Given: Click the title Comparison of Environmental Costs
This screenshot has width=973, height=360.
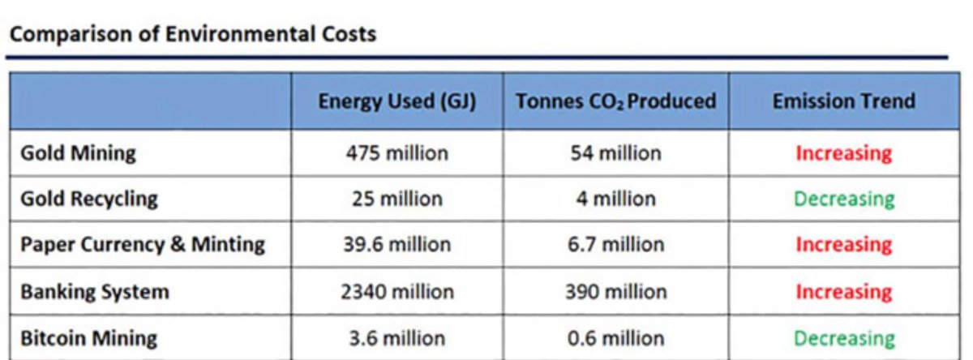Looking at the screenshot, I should click(x=191, y=36).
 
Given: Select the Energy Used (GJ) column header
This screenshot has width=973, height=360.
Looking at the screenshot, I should click(x=396, y=101).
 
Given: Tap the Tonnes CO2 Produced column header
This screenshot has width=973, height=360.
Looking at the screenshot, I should click(x=615, y=101).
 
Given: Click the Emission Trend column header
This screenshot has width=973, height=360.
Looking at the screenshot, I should click(x=843, y=101).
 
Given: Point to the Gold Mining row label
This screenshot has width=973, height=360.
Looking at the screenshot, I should click(x=79, y=153).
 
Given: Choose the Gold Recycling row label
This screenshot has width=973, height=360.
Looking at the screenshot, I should click(x=89, y=199).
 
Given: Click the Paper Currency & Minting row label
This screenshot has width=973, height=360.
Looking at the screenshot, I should click(x=143, y=245).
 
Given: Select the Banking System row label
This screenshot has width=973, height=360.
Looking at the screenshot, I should click(x=95, y=291).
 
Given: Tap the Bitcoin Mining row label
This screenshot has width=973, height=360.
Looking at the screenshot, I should click(x=89, y=337).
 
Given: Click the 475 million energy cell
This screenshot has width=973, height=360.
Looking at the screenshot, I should click(x=396, y=153).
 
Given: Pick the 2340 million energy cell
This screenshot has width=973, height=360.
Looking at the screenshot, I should click(x=396, y=291).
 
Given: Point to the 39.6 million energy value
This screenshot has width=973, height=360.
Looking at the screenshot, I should click(x=396, y=245).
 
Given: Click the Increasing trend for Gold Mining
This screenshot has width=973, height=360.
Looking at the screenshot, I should click(x=843, y=153).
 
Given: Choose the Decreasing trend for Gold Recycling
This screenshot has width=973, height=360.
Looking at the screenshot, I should click(x=843, y=199).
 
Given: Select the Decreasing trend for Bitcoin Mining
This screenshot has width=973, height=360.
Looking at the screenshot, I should click(x=843, y=337).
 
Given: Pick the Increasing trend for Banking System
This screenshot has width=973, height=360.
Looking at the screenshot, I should click(x=843, y=291).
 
